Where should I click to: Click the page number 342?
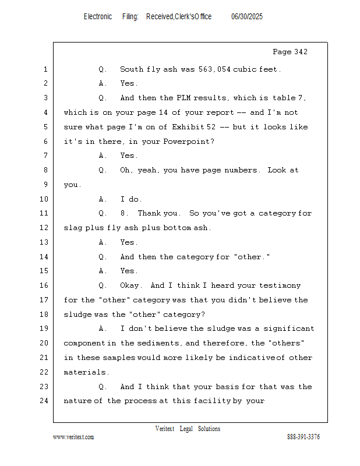[x=301, y=52]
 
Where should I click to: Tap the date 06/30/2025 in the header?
[x=247, y=17]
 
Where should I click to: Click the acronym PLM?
[x=183, y=98]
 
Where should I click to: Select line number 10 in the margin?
[x=44, y=199]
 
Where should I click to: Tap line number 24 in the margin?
[x=44, y=401]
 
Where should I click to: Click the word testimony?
[x=280, y=285]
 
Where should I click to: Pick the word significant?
[x=289, y=329]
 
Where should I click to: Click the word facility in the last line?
[x=212, y=401]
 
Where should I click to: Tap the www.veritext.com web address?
[x=73, y=437]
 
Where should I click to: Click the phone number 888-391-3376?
[x=303, y=437]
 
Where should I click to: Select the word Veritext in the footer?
[x=165, y=429]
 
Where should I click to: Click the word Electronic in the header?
[x=98, y=17]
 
